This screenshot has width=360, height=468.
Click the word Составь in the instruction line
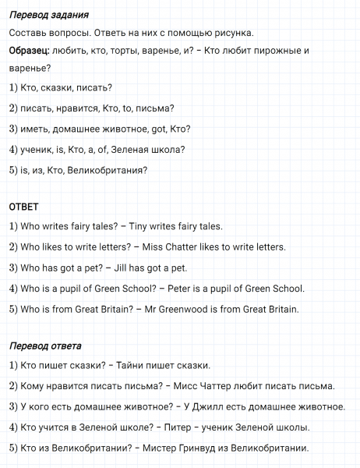click(28, 33)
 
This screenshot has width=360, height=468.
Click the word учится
click(52, 427)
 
